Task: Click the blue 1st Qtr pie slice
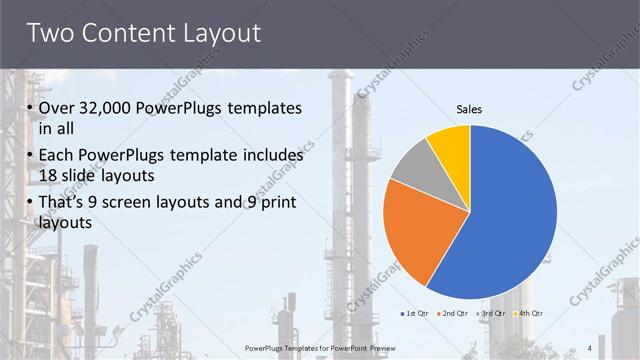[510, 215]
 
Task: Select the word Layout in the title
[222, 33]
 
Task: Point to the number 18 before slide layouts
[49, 175]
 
